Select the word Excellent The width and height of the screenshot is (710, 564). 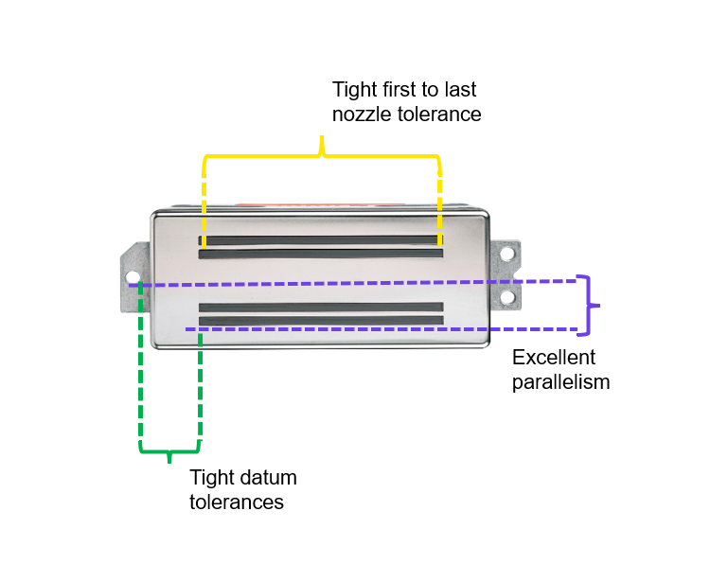[x=554, y=358]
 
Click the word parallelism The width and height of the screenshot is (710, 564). [x=560, y=382]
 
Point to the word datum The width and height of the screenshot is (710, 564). [x=269, y=478]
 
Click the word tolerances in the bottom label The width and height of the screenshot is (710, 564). [x=237, y=502]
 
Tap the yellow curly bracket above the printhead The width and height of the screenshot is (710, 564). [x=322, y=151]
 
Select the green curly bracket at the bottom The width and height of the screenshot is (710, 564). [x=170, y=449]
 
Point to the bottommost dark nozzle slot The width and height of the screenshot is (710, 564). [x=322, y=320]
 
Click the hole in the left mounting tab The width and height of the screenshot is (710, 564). [x=133, y=279]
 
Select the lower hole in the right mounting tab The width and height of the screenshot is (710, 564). [x=508, y=297]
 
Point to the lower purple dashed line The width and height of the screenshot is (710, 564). [x=379, y=329]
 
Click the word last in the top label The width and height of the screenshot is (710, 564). [x=456, y=91]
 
